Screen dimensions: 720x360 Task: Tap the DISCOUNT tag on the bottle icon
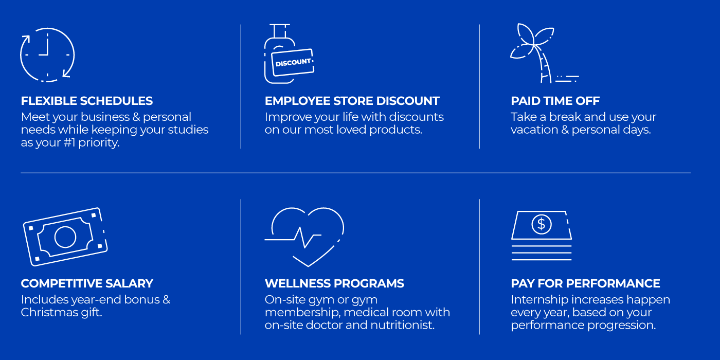click(x=293, y=62)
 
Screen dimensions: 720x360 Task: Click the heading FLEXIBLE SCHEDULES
click(x=87, y=101)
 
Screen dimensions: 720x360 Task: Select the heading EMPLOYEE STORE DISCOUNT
click(x=352, y=101)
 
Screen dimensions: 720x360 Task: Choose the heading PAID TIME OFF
click(x=555, y=101)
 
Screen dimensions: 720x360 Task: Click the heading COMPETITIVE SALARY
click(x=87, y=283)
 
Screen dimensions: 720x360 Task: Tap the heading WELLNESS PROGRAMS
click(x=334, y=283)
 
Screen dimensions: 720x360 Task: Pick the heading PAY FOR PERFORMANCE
click(x=585, y=283)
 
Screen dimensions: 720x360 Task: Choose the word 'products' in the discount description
click(x=395, y=130)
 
